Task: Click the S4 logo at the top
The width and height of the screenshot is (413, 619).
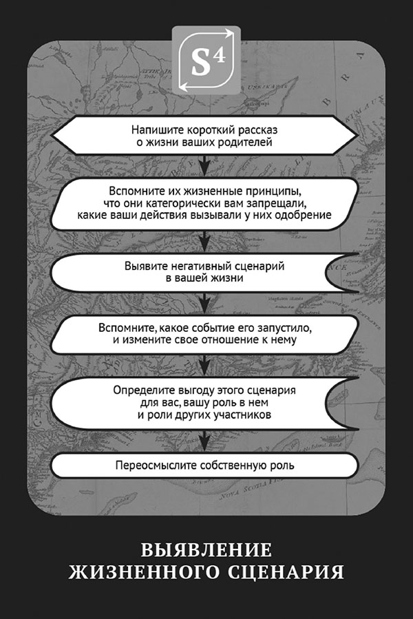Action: point(206,60)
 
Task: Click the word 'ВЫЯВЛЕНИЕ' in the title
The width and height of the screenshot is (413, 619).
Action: point(206,550)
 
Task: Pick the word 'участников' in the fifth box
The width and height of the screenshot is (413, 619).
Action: point(248,415)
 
